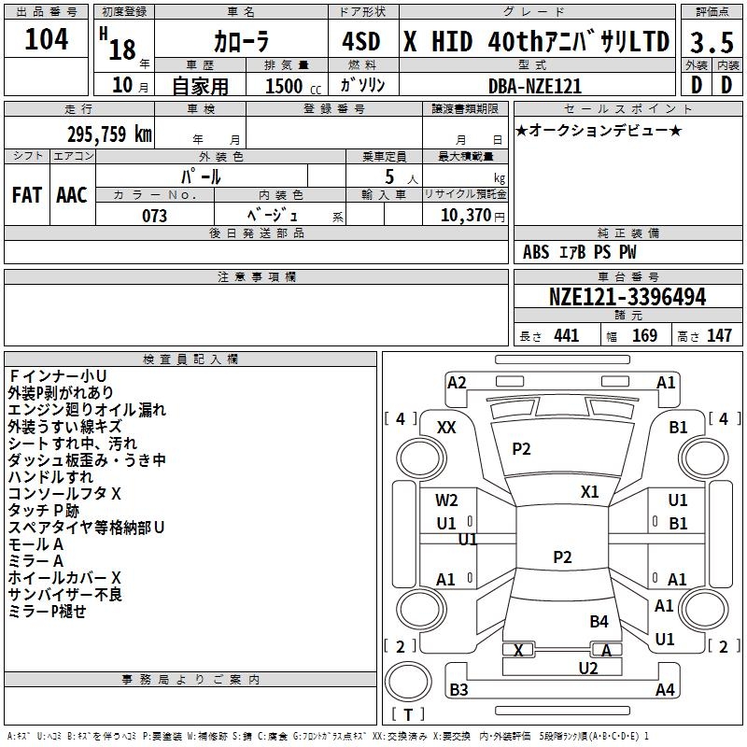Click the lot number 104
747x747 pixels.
(47, 39)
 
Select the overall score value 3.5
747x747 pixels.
(711, 42)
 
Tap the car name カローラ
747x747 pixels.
(241, 42)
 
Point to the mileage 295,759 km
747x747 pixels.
(109, 134)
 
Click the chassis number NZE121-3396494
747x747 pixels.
(627, 297)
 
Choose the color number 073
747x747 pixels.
(154, 215)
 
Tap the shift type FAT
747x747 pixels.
(26, 195)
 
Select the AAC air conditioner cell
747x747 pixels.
(71, 195)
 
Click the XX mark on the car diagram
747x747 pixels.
(446, 427)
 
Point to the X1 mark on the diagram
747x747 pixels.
(590, 491)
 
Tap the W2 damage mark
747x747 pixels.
(447, 500)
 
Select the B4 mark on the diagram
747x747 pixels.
(599, 621)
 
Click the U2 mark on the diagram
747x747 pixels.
(588, 668)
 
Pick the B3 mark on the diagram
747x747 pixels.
(458, 690)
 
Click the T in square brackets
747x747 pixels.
(407, 715)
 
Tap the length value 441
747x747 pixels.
(566, 335)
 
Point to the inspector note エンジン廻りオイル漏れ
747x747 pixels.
(87, 409)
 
